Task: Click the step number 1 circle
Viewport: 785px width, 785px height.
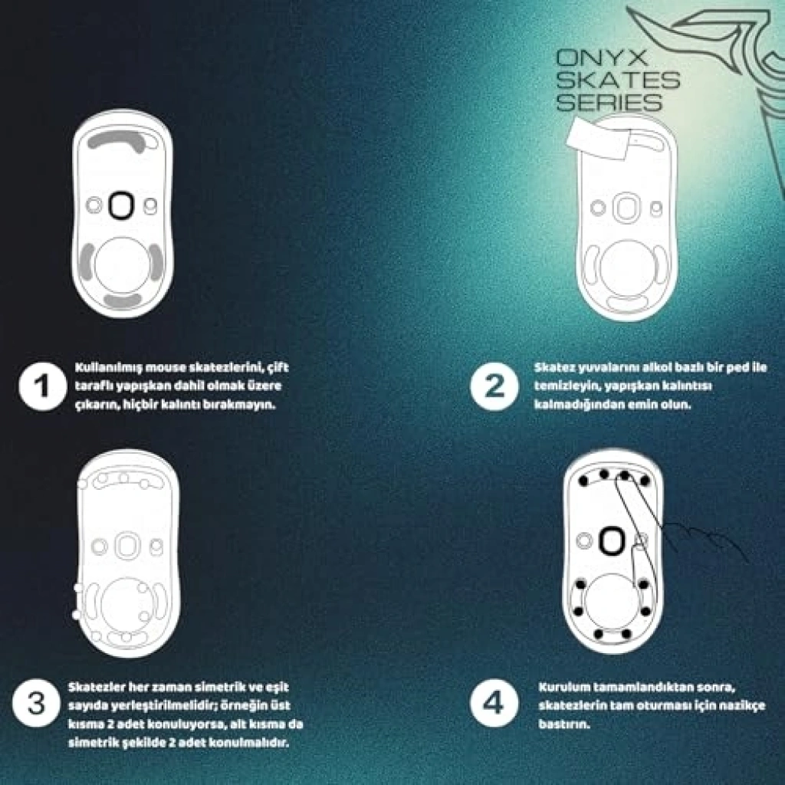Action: (x=43, y=386)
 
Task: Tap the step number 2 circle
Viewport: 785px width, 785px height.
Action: (x=494, y=386)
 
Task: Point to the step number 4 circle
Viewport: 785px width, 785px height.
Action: (x=494, y=704)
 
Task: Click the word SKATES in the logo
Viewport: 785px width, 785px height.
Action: (x=618, y=79)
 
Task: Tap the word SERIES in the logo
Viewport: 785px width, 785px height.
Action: (x=609, y=102)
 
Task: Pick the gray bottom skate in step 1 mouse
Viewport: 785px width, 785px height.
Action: (x=123, y=301)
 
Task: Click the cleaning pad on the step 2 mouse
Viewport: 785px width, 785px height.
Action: (x=599, y=139)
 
